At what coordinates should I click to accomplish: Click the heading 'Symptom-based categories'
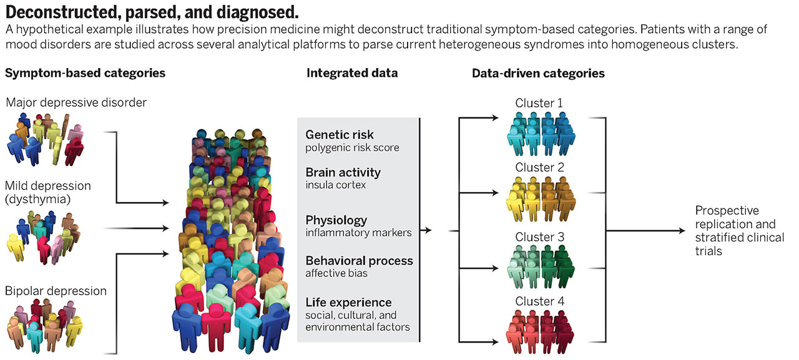coord(85,74)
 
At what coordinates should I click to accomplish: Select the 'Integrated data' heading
coord(352,74)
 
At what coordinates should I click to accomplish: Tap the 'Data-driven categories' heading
coord(538,74)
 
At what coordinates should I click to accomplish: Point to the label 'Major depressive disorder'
coord(76,102)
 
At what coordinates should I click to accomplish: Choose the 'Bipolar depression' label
coord(56,291)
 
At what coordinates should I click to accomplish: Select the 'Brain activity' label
coord(343,172)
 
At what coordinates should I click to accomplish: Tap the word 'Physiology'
coord(336,220)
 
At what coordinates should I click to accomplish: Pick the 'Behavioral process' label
coord(359,260)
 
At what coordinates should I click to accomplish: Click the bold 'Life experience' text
coord(348,302)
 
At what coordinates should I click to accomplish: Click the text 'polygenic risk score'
coord(352,148)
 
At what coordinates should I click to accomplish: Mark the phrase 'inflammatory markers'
coord(358,233)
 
